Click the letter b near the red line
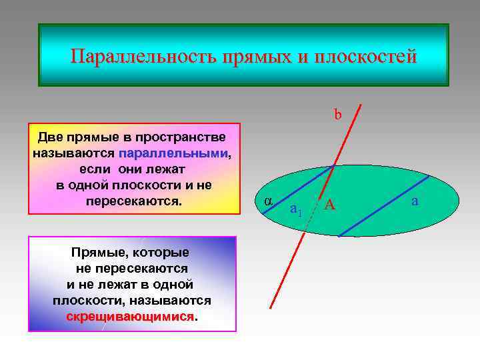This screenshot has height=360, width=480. [338, 115]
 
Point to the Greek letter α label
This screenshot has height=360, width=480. [267, 201]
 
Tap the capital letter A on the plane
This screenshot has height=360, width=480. [329, 206]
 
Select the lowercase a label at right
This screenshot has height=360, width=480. [415, 201]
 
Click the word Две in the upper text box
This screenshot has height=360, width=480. [51, 137]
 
